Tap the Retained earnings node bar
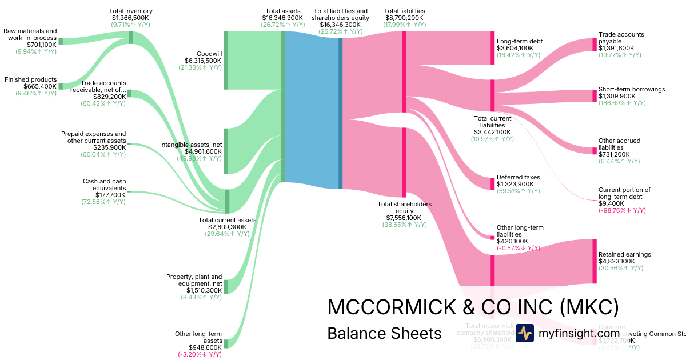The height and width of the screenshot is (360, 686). [x=595, y=261]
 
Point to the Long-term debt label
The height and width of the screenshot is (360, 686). [x=519, y=41]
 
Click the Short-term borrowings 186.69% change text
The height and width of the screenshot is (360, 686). [x=623, y=103]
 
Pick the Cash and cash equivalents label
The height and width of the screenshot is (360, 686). [x=104, y=185]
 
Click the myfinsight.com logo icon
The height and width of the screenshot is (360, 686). [x=524, y=333]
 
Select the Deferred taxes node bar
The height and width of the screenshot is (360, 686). [x=492, y=183]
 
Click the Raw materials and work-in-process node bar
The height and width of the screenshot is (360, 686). [x=61, y=41]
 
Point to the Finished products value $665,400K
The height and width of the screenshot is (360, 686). [x=40, y=86]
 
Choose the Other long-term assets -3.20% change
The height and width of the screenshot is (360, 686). [x=199, y=354]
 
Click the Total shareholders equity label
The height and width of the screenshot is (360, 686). [x=404, y=207]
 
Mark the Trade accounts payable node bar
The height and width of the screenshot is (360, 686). [x=595, y=45]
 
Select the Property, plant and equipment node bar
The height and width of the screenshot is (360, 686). [x=226, y=286]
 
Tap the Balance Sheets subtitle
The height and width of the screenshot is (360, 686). [x=384, y=333]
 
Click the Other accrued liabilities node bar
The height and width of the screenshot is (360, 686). [x=595, y=150]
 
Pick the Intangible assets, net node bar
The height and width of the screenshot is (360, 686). [x=226, y=151]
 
